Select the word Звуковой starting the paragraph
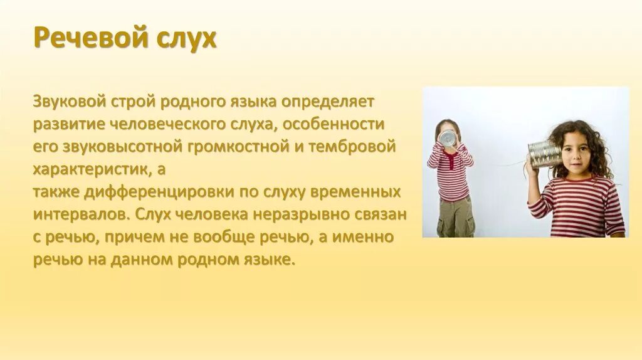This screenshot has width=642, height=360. click(x=70, y=101)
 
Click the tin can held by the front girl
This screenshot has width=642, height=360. click(x=543, y=154)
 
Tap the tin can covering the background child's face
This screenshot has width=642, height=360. click(x=448, y=138)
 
